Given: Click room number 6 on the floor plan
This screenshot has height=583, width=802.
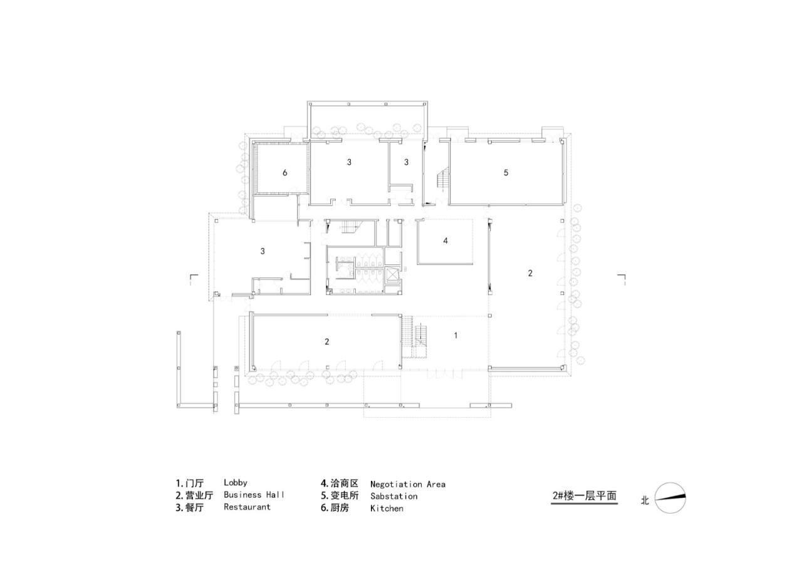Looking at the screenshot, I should (x=284, y=173).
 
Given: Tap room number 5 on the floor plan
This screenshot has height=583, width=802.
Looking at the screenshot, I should (x=506, y=173).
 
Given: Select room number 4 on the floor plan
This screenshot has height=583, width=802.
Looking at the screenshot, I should (x=445, y=240).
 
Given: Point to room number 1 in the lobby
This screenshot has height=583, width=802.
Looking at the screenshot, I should (x=456, y=336).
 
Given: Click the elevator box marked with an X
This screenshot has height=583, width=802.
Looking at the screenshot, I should (x=392, y=276).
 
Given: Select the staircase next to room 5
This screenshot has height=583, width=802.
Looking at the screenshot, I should (x=443, y=180).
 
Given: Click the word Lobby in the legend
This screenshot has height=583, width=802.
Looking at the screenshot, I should (x=236, y=483).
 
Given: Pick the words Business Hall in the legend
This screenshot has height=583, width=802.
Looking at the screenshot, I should (x=254, y=495).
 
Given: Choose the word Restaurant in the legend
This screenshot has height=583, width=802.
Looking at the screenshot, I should (x=247, y=507).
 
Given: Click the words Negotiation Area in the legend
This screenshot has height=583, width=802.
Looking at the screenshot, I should (x=407, y=484).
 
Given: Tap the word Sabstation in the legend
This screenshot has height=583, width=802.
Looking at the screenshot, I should (x=393, y=496).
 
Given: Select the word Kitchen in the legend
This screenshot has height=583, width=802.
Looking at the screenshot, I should (x=387, y=508).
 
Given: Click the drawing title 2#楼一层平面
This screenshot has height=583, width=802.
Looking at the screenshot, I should (x=585, y=496).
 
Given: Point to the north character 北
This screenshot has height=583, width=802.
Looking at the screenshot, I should (x=645, y=500).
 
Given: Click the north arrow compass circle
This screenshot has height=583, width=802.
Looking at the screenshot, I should (x=670, y=498).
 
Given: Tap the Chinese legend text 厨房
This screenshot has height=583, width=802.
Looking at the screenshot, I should (x=339, y=508).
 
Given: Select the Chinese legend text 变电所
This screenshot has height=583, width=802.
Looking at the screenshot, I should (x=344, y=496).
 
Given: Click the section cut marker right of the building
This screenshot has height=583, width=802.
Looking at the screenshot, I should (x=622, y=278).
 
